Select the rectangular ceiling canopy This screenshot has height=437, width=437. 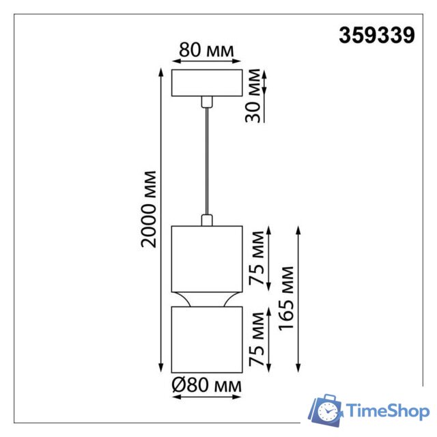point(206,83)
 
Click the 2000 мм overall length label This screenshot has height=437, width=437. point(149,209)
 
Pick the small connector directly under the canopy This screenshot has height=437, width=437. point(206,102)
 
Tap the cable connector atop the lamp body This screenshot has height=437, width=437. point(206,219)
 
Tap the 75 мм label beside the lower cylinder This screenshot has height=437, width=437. point(256,339)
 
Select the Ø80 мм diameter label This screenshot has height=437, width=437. point(206,386)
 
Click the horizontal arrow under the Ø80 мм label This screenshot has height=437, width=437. point(206,398)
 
